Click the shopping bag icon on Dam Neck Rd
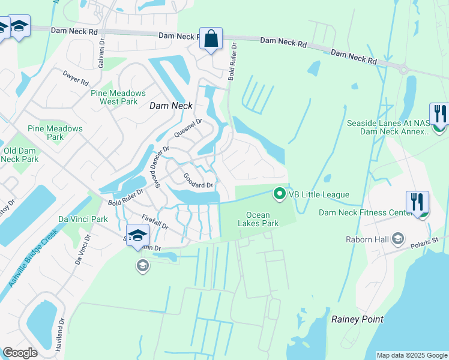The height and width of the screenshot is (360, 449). coord(211,39)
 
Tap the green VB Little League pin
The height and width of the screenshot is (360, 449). coord(279,194)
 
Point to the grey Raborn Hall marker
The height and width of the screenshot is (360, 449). coord(397,239)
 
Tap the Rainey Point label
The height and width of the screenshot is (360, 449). coord(357,319)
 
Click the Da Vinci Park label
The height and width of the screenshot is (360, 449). coord(83,219)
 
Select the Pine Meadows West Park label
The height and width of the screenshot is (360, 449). coord(118,97)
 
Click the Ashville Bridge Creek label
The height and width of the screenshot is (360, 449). coord(33,257)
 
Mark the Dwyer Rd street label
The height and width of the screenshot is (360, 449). coord(76,78)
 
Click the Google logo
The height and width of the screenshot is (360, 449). coord(20,353)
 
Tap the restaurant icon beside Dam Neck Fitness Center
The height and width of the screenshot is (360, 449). coord(417,203)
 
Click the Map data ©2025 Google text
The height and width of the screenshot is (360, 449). coord(412,355)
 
